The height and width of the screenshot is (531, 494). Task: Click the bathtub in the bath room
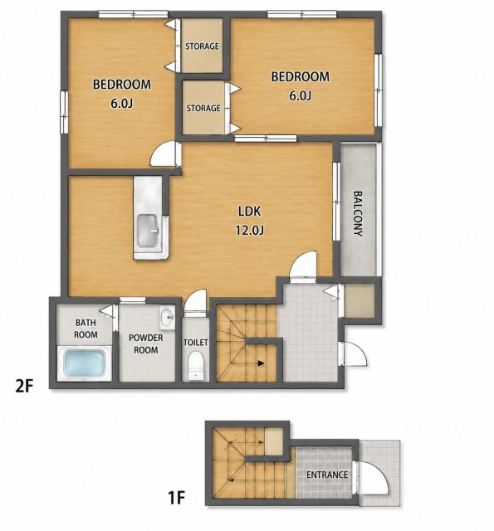(85, 363)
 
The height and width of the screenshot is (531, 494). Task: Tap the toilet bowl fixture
(195, 366)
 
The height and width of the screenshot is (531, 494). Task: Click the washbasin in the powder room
(167, 318)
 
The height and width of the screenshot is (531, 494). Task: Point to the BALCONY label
(358, 214)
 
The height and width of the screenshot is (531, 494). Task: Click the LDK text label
(249, 212)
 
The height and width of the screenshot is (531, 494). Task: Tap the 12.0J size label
(249, 231)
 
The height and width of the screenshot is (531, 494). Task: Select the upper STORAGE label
(202, 46)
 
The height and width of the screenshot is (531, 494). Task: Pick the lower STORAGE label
(203, 108)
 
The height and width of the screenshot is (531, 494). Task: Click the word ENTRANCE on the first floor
(327, 475)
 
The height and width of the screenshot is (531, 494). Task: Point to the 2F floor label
(24, 386)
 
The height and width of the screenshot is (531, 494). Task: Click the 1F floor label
(177, 498)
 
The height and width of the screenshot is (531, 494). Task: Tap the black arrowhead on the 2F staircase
(261, 363)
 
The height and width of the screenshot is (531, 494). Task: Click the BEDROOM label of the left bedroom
(122, 85)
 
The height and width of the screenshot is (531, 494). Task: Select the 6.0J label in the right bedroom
(300, 96)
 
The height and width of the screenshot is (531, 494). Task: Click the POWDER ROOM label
(145, 343)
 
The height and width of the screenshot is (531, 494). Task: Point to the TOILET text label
(195, 343)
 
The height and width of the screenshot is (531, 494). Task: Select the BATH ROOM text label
(86, 329)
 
